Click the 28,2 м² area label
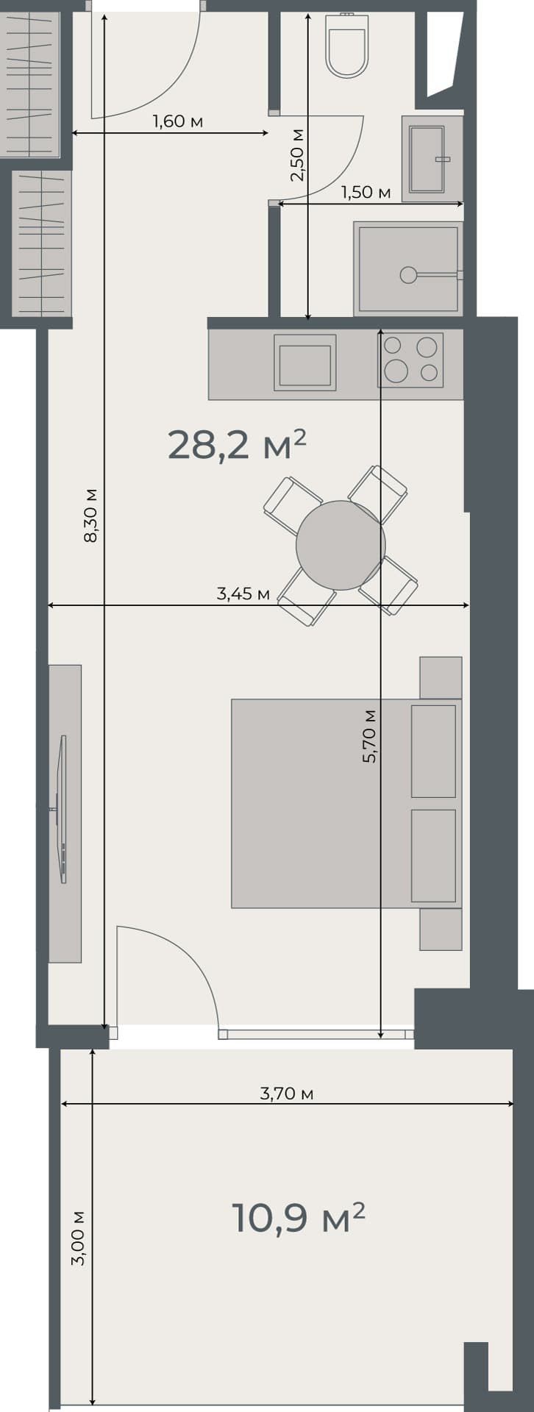click(x=236, y=445)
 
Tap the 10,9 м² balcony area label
click(x=298, y=1218)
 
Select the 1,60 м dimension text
click(x=177, y=121)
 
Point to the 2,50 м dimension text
click(x=296, y=155)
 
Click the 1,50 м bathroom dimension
click(x=366, y=193)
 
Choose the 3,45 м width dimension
click(x=243, y=593)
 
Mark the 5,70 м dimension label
click(x=369, y=735)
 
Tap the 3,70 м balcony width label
click(x=286, y=1094)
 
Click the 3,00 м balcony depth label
click(x=78, y=1238)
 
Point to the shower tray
click(x=408, y=268)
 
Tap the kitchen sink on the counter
click(x=305, y=363)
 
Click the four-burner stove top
click(x=410, y=360)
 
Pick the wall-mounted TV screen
click(x=63, y=809)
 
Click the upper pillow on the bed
click(x=433, y=750)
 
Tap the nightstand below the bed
click(x=441, y=929)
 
